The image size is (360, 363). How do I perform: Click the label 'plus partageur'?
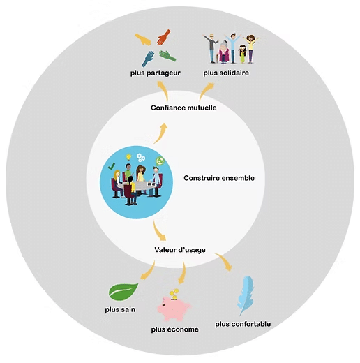coord(156,73)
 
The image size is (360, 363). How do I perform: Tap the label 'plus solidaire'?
coord(226,73)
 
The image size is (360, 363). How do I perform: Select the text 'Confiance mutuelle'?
coord(183,108)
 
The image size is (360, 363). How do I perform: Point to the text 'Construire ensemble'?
coord(219,178)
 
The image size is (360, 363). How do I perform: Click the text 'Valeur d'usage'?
coord(180,250)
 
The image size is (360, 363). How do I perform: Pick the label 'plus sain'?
coord(120,310)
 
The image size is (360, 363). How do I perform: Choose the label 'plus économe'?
coord(174,329)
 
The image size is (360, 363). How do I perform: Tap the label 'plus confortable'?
coord(243,324)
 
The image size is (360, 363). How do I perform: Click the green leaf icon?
coord(123,292)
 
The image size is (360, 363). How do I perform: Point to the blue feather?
coord(246,295)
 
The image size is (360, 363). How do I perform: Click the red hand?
coord(163,37)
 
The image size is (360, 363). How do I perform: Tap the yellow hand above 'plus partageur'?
coord(143,40)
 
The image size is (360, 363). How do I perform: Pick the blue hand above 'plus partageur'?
coord(148,59)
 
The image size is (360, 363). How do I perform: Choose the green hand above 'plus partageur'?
coord(167,56)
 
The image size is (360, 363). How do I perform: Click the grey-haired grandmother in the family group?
coord(224,52)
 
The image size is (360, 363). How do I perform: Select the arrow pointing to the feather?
coord(224,262)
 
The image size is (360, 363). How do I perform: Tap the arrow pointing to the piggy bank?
coord(183,273)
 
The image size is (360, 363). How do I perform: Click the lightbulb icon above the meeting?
coord(128,157)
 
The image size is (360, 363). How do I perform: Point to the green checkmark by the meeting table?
coord(112,166)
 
